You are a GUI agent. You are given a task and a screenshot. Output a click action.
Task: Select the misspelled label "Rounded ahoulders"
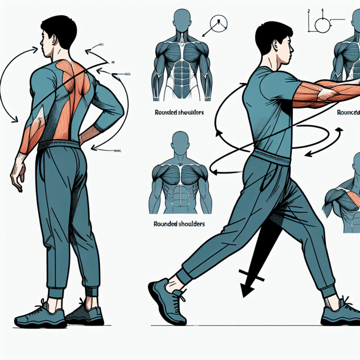click(178, 113)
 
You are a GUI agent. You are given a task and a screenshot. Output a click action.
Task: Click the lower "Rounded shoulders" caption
click(179, 225)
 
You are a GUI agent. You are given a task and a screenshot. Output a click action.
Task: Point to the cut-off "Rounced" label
click(348, 113)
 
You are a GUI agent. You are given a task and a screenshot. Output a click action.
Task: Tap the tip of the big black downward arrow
click(244, 295)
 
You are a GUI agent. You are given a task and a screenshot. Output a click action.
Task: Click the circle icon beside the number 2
click(322, 24)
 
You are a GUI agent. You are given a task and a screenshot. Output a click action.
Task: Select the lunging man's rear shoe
click(340, 314)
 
